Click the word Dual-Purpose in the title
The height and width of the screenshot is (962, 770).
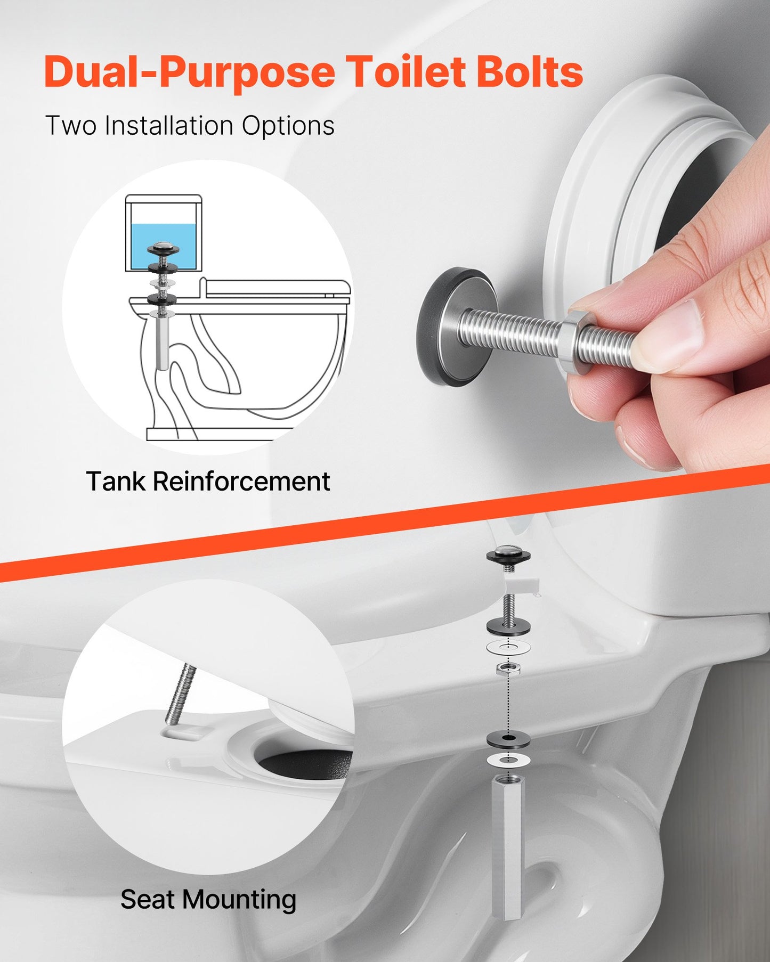pyautogui.click(x=189, y=72)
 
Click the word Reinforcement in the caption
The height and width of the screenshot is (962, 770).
pyautogui.click(x=241, y=482)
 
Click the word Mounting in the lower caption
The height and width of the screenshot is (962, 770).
pyautogui.click(x=239, y=900)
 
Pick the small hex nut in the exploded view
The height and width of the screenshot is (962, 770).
pyautogui.click(x=508, y=669)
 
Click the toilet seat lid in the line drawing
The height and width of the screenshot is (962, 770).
pyautogui.click(x=277, y=288)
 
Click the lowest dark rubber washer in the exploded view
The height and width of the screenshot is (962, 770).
pyautogui.click(x=508, y=739)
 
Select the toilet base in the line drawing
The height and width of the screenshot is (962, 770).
pyautogui.click(x=218, y=434)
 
